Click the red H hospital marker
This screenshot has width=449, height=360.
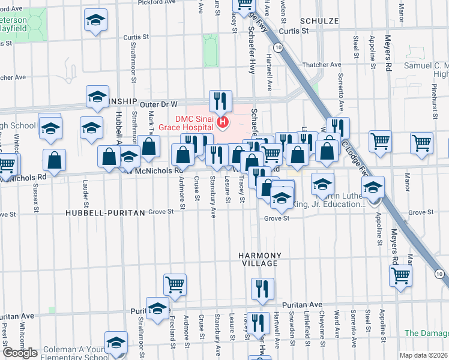pyautogui.click(x=223, y=124)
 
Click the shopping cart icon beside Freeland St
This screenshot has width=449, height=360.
pyautogui.click(x=175, y=284)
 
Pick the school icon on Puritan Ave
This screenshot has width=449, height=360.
pyautogui.click(x=157, y=308)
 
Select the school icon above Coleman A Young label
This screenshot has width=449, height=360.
pyautogui.click(x=116, y=341)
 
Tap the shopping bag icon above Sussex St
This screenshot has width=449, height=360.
pyautogui.click(x=54, y=161)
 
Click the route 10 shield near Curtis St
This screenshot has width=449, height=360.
pyautogui.click(x=277, y=46)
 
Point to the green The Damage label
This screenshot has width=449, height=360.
pyautogui.click(x=426, y=333)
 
